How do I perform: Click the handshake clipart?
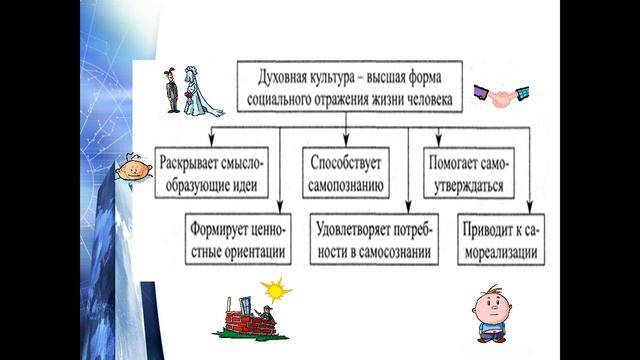tap(500, 96)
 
